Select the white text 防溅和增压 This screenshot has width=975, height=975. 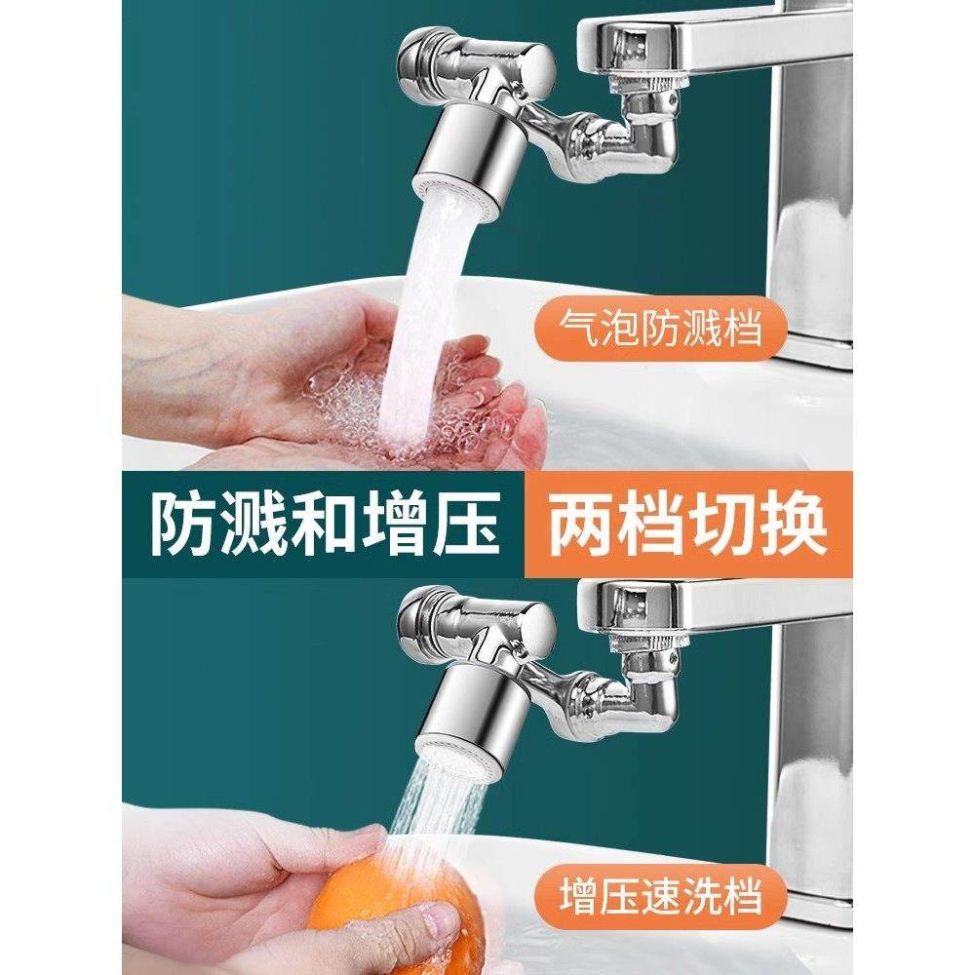pos(325,525)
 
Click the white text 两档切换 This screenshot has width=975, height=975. pos(688,525)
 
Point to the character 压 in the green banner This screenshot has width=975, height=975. pos(466,525)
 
